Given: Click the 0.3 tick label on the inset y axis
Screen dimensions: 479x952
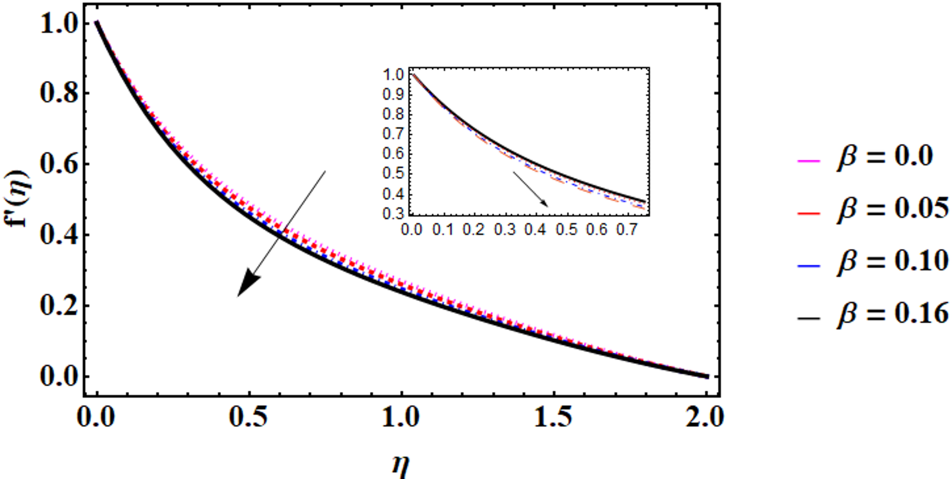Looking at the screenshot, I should pyautogui.click(x=394, y=214).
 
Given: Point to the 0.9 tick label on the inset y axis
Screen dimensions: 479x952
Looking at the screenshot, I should pyautogui.click(x=394, y=94).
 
